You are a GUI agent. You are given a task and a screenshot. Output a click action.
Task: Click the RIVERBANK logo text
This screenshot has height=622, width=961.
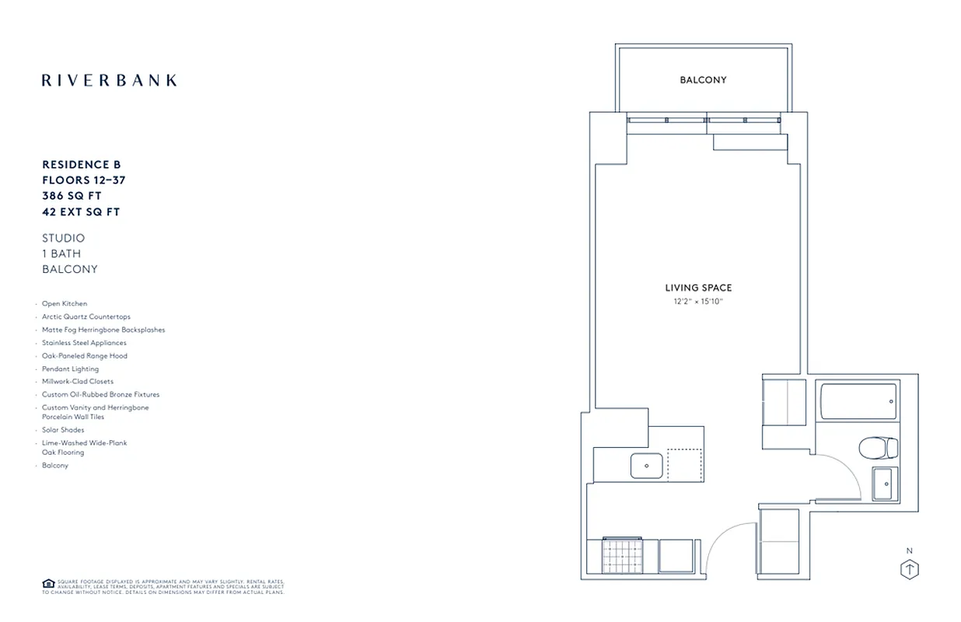point(109,80)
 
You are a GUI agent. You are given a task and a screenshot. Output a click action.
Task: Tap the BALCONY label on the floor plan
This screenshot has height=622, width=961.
point(703,80)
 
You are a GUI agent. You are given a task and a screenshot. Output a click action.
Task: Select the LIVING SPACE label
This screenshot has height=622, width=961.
point(698,288)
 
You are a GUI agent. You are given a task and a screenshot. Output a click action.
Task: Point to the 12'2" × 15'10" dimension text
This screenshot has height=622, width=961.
point(698,301)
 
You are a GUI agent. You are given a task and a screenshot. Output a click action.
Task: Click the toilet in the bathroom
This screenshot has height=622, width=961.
point(878,448)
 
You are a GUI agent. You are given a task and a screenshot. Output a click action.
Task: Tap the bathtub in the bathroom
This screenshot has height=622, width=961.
point(857,401)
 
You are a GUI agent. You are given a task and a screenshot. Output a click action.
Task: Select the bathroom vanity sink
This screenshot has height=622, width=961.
point(884,484)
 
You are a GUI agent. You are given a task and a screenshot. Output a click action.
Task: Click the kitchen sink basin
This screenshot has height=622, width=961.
point(647,466)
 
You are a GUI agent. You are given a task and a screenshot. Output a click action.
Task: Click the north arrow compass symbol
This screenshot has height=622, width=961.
point(909,569)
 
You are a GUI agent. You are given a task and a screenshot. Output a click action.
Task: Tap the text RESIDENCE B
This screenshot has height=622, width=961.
point(82,165)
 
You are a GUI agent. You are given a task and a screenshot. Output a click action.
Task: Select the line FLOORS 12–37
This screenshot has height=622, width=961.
point(84,180)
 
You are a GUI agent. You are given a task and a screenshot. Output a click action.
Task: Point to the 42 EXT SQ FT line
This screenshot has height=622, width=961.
point(81,211)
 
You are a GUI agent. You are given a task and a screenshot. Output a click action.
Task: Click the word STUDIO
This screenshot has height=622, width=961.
point(64,238)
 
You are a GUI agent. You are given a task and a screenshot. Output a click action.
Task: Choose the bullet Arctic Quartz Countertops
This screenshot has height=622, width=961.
point(86,317)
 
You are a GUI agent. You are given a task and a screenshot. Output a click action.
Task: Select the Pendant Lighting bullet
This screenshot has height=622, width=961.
point(70,369)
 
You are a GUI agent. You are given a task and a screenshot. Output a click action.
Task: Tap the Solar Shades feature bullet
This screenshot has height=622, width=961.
point(63,430)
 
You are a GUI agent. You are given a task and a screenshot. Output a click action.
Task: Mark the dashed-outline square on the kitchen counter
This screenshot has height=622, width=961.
point(684,466)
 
